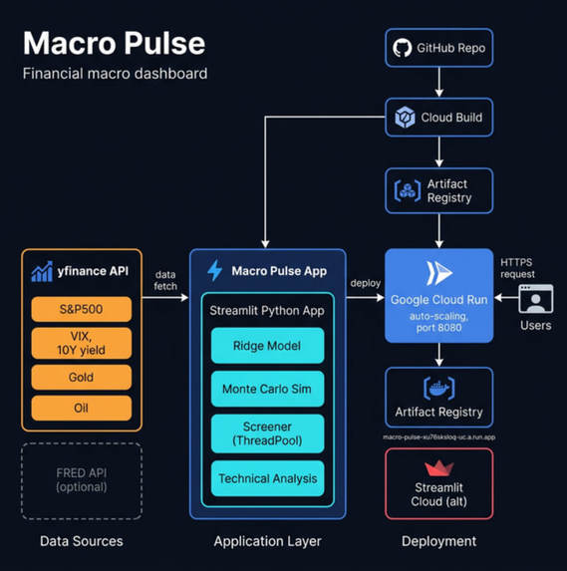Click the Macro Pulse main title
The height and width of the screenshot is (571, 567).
(114, 43)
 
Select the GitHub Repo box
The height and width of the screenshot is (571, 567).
(438, 47)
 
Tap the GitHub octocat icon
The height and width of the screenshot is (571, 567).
(403, 47)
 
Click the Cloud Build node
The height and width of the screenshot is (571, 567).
(438, 117)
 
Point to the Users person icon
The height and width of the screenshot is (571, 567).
(535, 300)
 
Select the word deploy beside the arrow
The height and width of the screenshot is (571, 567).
(366, 282)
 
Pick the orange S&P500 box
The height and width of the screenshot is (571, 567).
(81, 309)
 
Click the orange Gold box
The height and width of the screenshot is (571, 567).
(81, 377)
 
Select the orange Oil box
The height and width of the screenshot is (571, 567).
(81, 409)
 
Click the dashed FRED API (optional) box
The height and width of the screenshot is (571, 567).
(81, 479)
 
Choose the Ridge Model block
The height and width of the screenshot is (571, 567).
(266, 346)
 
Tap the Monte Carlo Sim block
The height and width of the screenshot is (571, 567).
(266, 390)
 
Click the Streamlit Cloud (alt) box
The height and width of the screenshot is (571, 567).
(438, 483)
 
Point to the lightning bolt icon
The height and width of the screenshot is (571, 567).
(214, 270)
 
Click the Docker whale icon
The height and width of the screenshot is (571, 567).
(438, 388)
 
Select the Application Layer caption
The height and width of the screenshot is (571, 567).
(267, 541)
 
